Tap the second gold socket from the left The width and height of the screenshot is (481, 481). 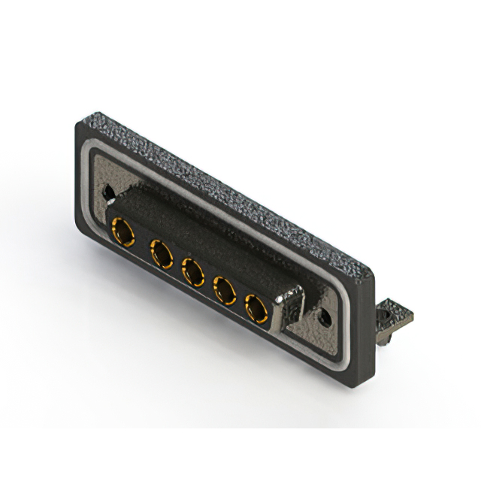tap(162, 256)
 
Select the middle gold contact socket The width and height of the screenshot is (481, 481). tap(192, 272)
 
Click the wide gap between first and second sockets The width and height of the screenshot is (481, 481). tap(141, 242)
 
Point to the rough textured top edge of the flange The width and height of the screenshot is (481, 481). tap(225, 188)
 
